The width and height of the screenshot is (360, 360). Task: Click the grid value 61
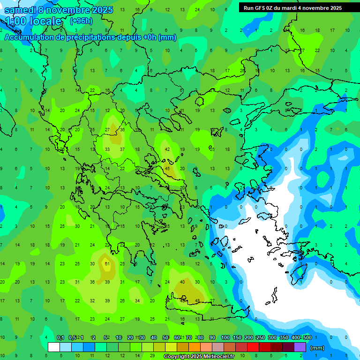tap(107, 264)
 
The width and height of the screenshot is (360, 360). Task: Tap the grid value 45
tap(167, 169)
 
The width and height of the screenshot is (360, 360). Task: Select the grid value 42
tap(167, 149)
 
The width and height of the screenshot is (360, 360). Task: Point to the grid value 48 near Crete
tap(197, 301)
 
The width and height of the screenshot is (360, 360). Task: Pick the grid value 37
tap(122, 149)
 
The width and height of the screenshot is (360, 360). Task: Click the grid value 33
tap(107, 149)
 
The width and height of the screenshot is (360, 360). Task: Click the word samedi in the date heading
tap(22, 10)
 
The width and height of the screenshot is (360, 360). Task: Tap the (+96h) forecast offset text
tap(81, 21)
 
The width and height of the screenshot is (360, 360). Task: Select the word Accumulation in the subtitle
tap(32, 37)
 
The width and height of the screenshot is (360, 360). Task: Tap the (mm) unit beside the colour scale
tap(317, 348)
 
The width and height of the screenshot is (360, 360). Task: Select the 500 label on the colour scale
tap(307, 337)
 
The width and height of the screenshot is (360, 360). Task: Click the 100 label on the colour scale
tap(225, 337)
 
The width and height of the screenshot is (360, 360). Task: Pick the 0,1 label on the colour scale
tap(60, 337)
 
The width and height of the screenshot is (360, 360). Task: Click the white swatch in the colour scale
tap(54, 347)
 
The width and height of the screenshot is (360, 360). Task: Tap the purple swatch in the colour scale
tap(300, 347)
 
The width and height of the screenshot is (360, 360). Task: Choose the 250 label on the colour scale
tap(261, 337)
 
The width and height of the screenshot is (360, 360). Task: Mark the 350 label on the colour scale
tap(284, 337)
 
